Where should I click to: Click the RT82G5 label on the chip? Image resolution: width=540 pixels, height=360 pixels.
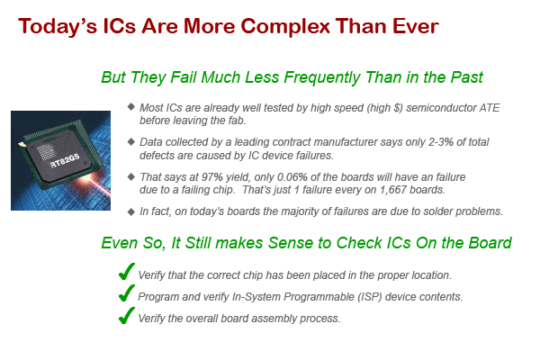(x=65, y=160)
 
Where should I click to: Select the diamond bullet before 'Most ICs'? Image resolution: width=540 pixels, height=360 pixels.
(x=130, y=106)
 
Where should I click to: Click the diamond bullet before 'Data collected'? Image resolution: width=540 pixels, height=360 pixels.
(x=130, y=141)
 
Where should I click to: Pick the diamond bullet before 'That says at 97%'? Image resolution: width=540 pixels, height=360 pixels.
(x=130, y=176)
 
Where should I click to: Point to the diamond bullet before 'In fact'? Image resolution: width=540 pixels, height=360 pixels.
(x=130, y=211)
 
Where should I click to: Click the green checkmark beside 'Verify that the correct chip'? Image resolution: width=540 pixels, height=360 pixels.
(x=126, y=272)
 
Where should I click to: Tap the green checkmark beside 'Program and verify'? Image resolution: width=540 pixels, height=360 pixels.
(x=126, y=293)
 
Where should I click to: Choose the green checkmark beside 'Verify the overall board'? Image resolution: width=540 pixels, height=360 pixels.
(x=126, y=315)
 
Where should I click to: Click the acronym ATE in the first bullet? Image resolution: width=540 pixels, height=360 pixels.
(x=490, y=108)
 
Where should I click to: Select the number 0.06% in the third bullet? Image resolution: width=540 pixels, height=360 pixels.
(x=292, y=177)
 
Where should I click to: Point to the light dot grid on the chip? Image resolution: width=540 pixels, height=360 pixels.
(x=46, y=152)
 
